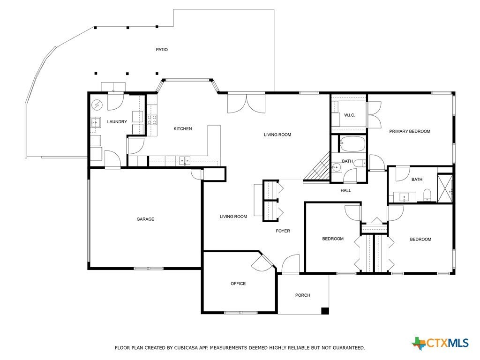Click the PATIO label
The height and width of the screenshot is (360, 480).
click(x=162, y=50)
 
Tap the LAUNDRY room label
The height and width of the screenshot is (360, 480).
click(x=117, y=122)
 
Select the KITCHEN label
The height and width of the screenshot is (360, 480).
click(x=183, y=129)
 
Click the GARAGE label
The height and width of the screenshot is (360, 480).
click(x=145, y=219)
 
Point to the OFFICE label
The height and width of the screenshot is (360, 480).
click(x=238, y=284)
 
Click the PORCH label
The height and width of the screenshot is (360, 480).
click(x=303, y=295)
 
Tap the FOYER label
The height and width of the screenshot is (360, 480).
click(x=283, y=231)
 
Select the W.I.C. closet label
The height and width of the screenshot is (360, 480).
click(x=350, y=115)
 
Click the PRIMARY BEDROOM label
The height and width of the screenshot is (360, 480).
click(x=410, y=132)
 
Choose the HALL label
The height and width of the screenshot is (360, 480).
click(x=346, y=191)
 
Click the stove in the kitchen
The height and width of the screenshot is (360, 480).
click(x=152, y=120)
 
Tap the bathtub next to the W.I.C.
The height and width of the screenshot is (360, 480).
click(x=352, y=143)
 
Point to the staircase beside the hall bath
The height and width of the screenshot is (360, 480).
click(x=318, y=168)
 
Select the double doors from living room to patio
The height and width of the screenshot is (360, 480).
click(x=246, y=103)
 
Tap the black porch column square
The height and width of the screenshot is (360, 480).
click(x=325, y=310)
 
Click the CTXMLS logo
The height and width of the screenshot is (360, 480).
click(x=440, y=343)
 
